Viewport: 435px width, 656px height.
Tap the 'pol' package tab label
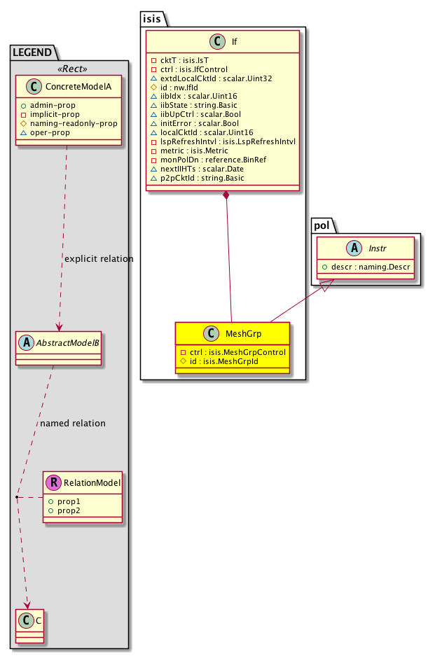tap(321, 224)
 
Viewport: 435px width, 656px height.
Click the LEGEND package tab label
tap(32, 51)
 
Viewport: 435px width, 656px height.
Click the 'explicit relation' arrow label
tap(98, 259)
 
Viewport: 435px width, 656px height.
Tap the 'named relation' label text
tap(73, 423)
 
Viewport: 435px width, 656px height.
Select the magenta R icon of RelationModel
tap(53, 482)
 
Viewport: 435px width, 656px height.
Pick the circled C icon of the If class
tap(220, 42)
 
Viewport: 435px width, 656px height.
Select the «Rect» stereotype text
tap(67, 69)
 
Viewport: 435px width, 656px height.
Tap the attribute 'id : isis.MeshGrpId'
tap(226, 361)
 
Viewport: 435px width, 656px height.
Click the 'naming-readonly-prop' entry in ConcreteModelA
tap(73, 123)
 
